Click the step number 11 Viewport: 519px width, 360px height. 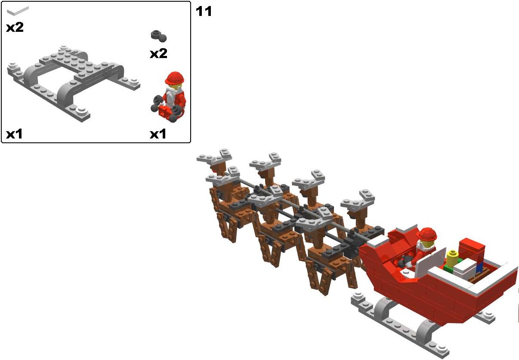click(204, 11)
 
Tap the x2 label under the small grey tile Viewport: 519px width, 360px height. click(15, 28)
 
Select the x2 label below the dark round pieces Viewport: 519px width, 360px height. click(158, 53)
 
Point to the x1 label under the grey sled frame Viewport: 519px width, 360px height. click(14, 134)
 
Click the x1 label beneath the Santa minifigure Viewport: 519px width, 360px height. click(158, 134)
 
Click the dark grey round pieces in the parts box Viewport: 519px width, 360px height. click(159, 37)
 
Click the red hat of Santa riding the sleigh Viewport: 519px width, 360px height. click(426, 234)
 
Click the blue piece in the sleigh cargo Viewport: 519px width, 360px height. click(479, 268)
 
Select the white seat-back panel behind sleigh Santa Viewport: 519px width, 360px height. click(430, 262)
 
